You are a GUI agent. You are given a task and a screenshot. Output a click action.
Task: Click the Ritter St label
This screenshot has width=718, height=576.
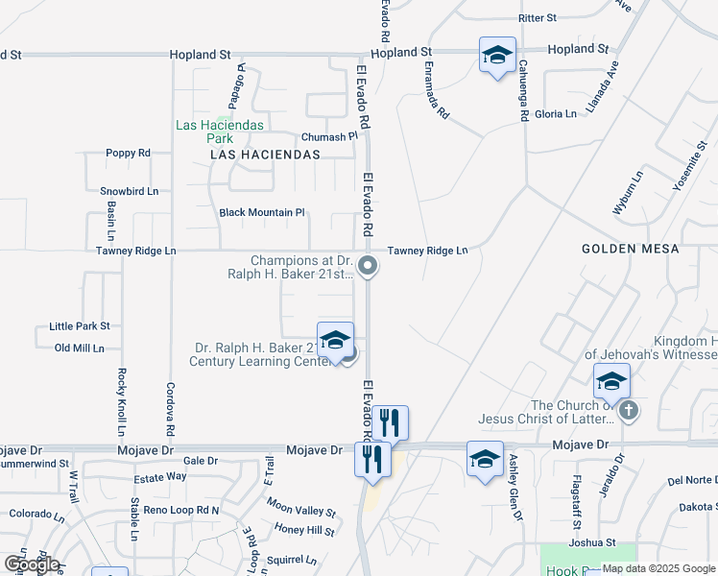(538, 18)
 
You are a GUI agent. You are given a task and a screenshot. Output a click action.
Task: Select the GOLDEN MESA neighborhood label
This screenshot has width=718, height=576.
(630, 249)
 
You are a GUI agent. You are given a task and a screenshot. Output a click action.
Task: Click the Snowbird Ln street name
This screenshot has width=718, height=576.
(129, 191)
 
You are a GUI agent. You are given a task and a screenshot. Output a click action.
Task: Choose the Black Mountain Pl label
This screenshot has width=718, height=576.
(261, 212)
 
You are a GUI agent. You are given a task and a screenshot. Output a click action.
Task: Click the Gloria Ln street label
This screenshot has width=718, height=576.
(556, 113)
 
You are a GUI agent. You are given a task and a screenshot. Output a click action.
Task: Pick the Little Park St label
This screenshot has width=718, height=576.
(80, 326)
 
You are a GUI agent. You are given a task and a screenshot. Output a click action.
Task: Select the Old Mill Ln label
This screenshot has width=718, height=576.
(79, 348)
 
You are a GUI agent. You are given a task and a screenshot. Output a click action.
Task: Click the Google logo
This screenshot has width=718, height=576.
(31, 564)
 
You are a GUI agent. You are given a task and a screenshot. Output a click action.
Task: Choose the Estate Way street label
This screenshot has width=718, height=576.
(159, 476)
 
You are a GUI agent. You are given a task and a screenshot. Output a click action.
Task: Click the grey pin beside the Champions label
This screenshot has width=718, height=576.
(367, 266)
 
